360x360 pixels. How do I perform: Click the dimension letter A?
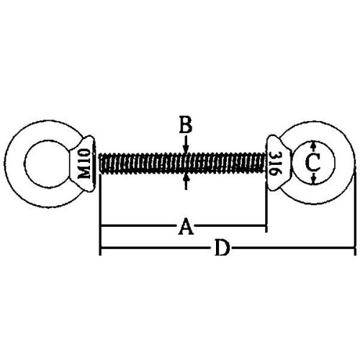(186, 226)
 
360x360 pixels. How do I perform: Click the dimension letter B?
(186, 125)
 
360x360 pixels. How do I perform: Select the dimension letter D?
(222, 248)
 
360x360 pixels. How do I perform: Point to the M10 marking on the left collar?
(85, 163)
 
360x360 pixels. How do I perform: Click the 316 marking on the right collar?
(274, 163)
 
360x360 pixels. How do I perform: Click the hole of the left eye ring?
(43, 163)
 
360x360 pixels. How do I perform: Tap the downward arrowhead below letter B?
(186, 148)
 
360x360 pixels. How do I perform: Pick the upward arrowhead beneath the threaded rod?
(186, 178)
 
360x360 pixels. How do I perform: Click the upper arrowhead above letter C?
(313, 145)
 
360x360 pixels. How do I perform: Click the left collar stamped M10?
(84, 163)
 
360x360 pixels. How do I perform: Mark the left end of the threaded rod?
(100, 163)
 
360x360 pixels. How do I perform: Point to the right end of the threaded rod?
(264, 163)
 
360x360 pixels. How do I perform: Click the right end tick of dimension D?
(354, 248)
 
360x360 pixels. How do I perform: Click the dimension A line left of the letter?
(139, 226)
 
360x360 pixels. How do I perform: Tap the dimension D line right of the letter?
(292, 248)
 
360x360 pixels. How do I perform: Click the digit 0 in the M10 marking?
(85, 153)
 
